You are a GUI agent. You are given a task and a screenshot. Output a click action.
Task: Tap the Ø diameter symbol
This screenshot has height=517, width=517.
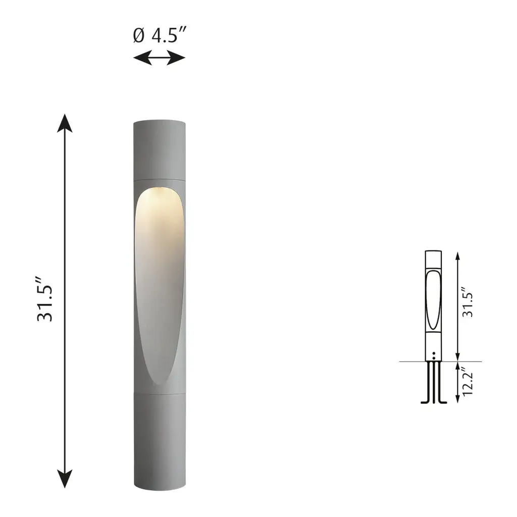click(139, 35)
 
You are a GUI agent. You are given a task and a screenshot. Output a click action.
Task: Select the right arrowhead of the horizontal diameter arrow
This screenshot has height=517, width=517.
click(176, 58)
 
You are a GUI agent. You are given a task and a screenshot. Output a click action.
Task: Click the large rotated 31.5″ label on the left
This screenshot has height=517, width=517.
click(45, 299)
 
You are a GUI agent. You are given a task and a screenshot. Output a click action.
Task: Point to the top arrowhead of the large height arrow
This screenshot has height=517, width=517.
click(65, 123)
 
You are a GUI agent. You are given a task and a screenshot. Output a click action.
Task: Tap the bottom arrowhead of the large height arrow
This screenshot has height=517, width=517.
click(65, 479)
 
